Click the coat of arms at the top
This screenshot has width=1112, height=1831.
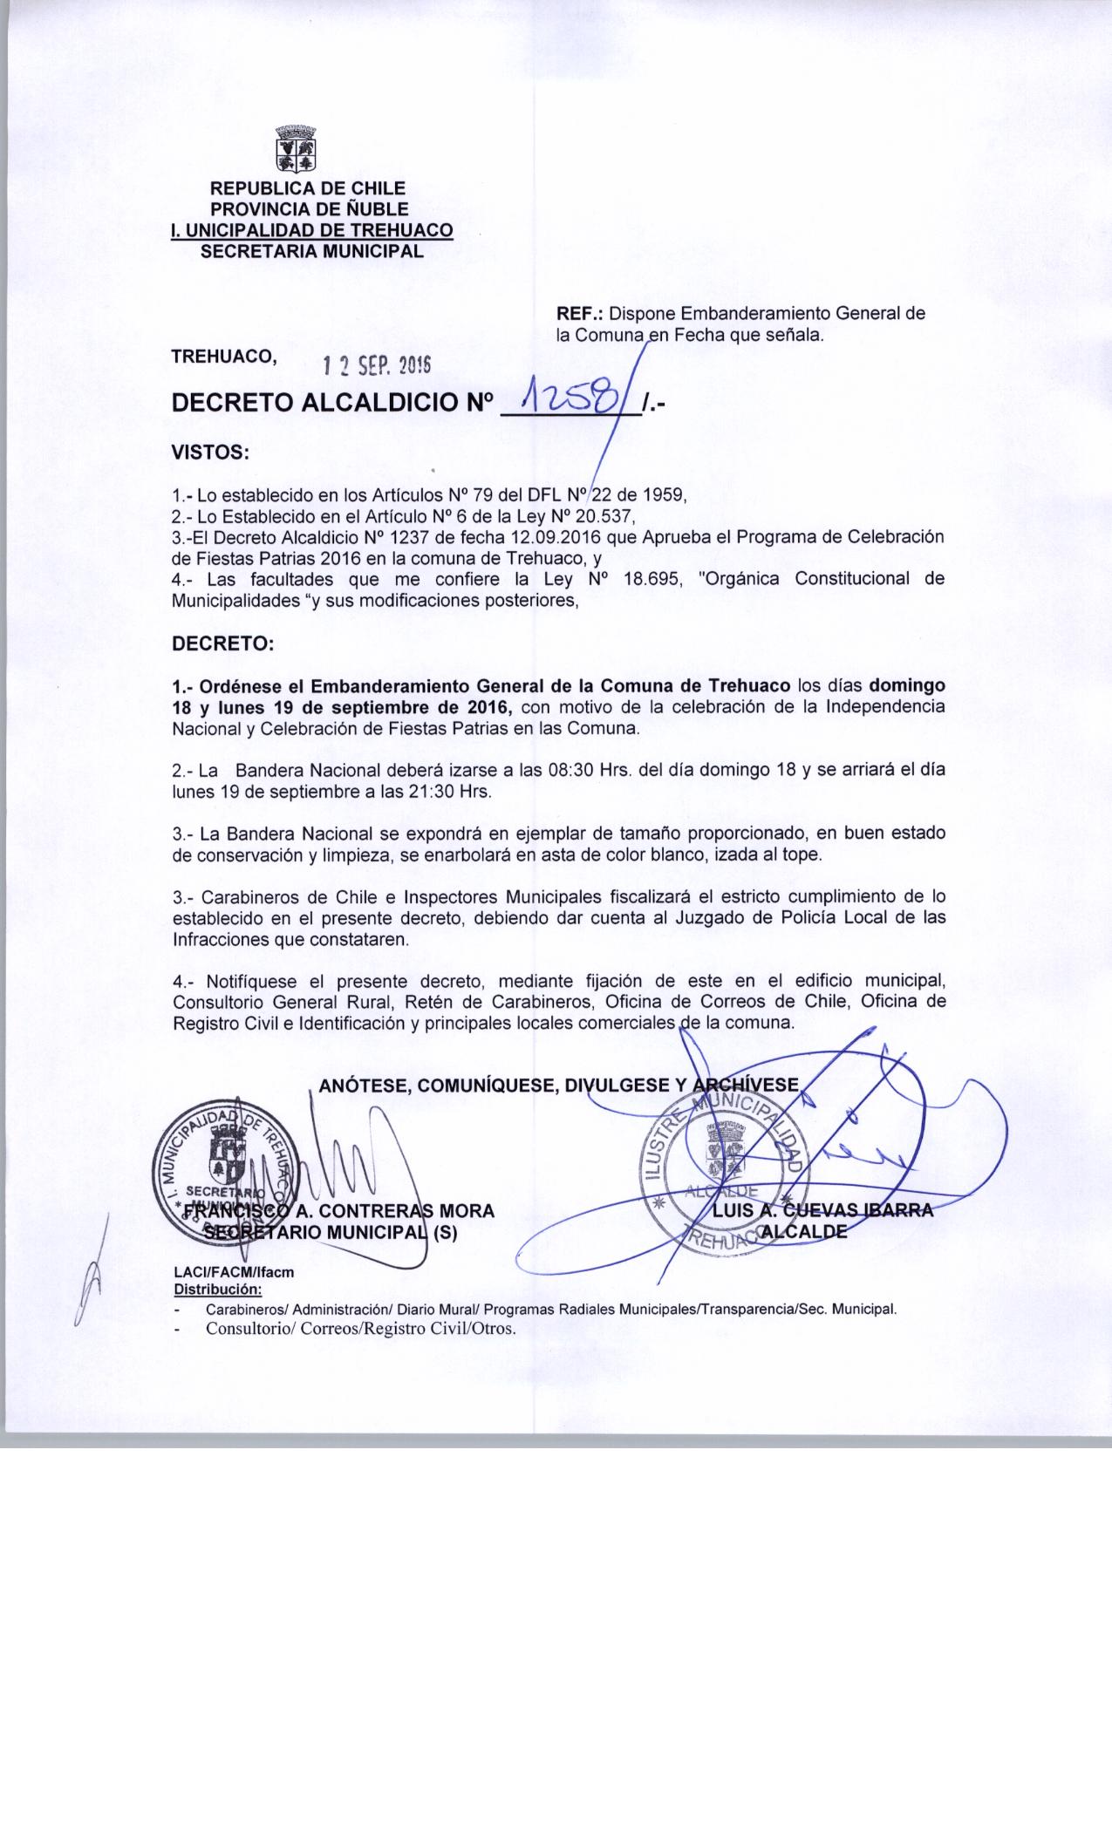[296, 149]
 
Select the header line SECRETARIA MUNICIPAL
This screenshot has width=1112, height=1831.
[312, 252]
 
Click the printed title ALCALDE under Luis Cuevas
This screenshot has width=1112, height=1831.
[803, 1231]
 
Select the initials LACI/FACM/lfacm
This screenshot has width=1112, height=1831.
[235, 1272]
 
